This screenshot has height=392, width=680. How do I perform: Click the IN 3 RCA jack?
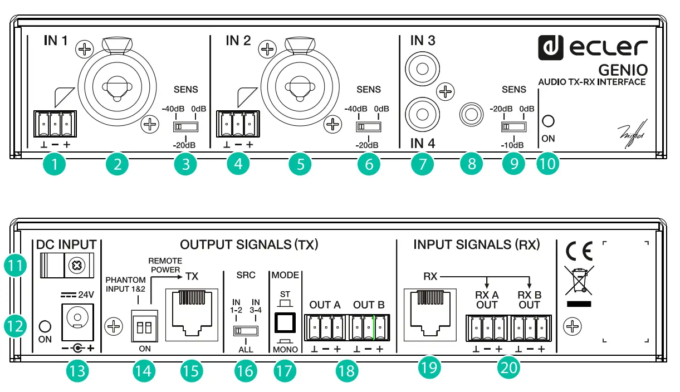422,69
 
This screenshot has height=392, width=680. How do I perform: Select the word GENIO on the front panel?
623,70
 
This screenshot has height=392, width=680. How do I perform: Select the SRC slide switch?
245,330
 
